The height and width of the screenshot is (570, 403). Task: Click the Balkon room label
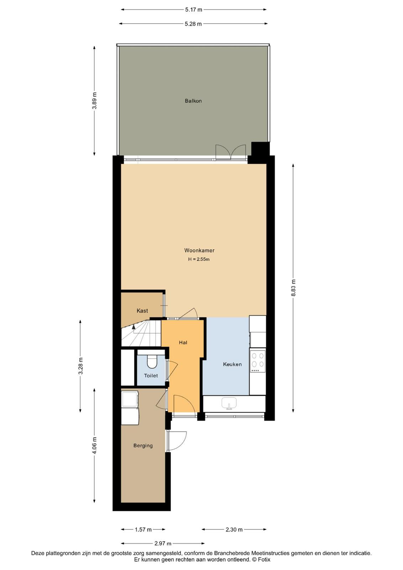point(193,101)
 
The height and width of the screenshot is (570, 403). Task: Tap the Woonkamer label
point(199,250)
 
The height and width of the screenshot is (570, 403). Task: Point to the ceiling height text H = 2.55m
point(199,260)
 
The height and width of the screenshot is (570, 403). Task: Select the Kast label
point(142,311)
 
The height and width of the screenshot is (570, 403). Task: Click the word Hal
point(183,342)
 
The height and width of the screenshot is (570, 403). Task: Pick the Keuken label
point(232,364)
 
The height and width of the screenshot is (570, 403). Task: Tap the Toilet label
point(151,375)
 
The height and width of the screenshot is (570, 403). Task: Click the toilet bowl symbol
point(152,362)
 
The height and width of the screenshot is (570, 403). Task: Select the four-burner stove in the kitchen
point(258,361)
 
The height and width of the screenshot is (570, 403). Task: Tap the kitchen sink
point(229,404)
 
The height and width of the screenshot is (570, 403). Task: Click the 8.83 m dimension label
point(293,288)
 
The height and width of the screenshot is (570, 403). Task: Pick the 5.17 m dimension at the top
point(194,10)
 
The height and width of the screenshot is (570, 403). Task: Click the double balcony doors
point(231,152)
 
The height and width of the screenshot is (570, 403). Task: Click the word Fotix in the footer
point(265,560)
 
